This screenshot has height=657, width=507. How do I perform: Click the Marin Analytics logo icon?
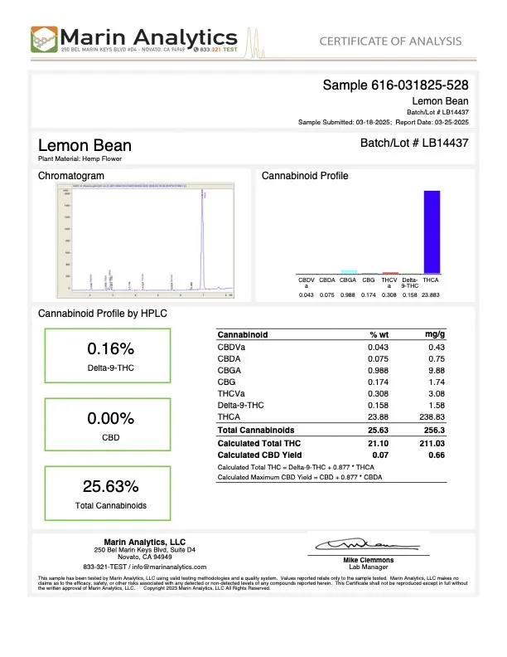[44, 39]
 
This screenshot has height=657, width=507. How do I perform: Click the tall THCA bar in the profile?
[431, 232]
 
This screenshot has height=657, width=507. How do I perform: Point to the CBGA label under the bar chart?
[348, 281]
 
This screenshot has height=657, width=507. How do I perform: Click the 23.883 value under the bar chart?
[431, 295]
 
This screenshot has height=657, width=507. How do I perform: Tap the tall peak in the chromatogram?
[202, 241]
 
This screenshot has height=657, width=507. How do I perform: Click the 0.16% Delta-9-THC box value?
[106, 348]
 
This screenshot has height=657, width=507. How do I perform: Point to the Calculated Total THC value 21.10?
[379, 443]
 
